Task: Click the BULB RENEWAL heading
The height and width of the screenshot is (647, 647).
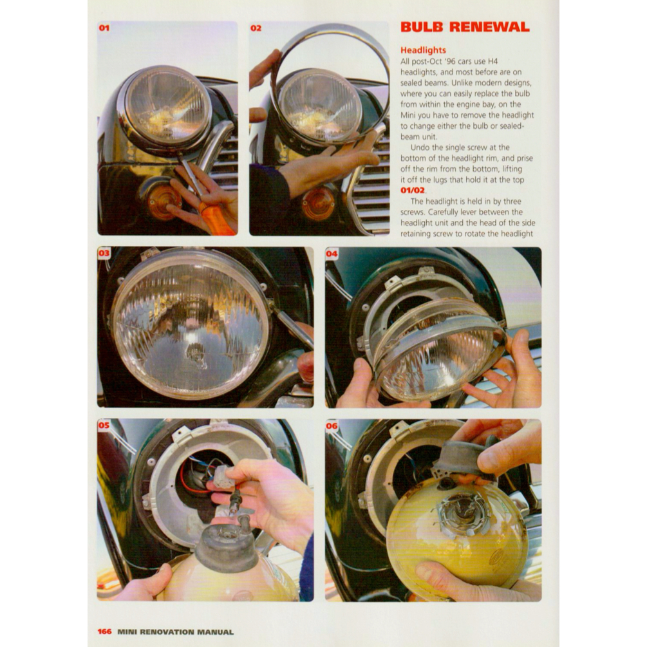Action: point(465,27)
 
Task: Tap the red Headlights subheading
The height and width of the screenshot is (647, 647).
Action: point(423,50)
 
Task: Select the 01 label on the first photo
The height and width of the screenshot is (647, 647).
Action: point(104,28)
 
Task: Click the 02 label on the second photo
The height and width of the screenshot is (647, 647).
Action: point(256,28)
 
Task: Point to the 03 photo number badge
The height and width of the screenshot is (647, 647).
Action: point(104,253)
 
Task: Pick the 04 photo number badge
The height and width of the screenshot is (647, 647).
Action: point(332,254)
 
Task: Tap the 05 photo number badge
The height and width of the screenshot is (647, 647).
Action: point(104,425)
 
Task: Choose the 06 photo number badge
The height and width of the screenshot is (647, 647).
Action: point(332,426)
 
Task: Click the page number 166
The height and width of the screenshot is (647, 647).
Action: point(104,632)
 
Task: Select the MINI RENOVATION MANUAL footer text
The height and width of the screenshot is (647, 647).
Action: point(175,632)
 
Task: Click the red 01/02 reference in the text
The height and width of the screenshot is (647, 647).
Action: point(413,191)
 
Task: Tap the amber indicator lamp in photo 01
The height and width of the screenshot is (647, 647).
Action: point(163,203)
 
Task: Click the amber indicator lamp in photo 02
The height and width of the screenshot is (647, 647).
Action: point(318,204)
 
